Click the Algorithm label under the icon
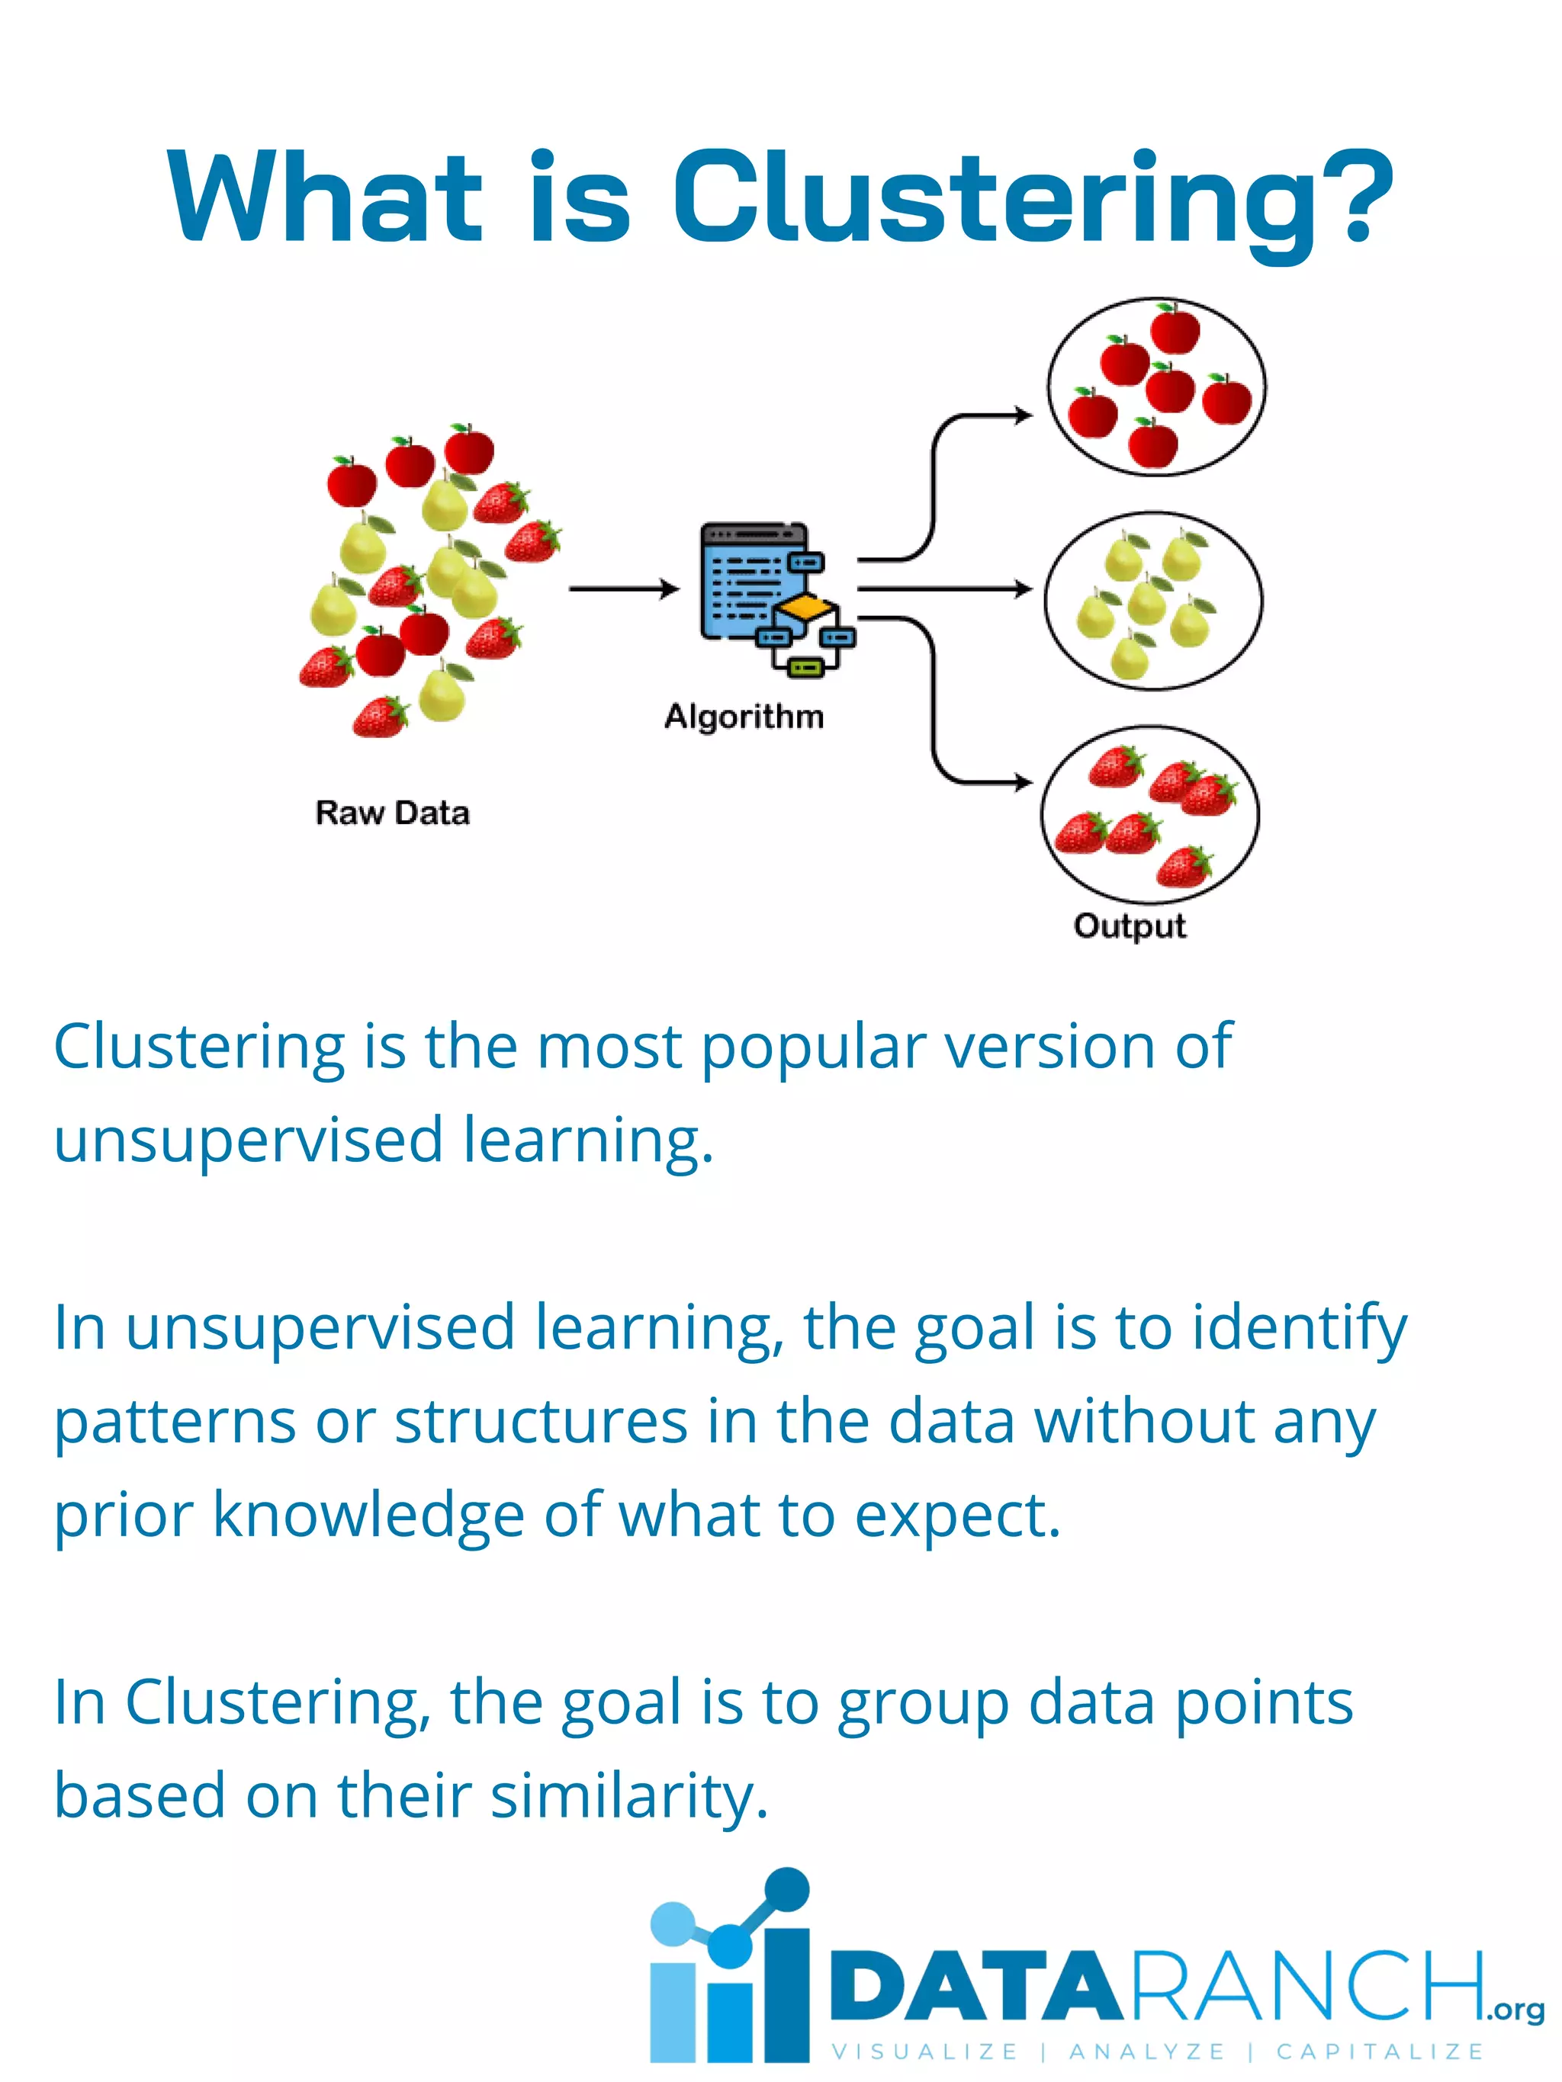pos(744,717)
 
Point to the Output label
pos(1129,926)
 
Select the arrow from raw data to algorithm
pos(622,589)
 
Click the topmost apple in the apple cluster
pos(1175,329)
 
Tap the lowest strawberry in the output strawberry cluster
pos(1184,867)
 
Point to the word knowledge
pos(368,1516)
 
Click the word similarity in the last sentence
pos(627,1796)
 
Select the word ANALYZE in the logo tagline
pos(1147,2051)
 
